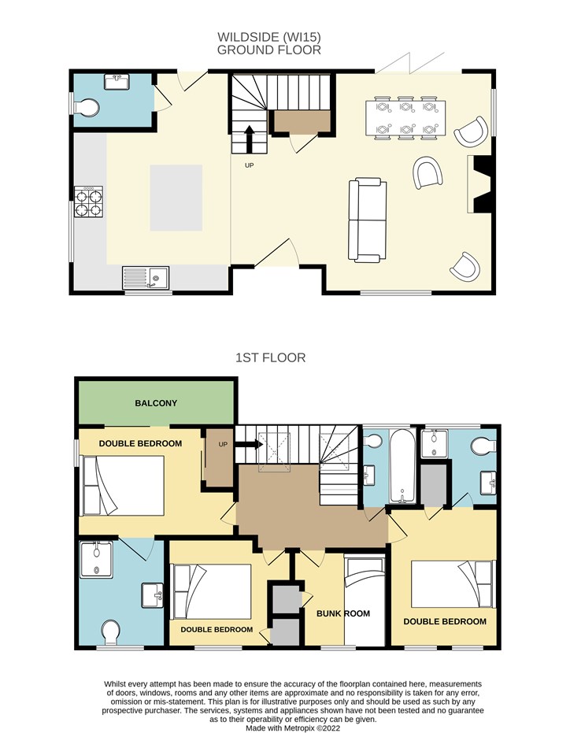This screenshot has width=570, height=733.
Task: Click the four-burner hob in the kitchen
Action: click(x=88, y=202)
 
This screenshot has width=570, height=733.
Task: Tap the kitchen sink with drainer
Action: click(x=146, y=278)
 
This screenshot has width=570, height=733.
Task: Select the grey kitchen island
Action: click(x=176, y=198)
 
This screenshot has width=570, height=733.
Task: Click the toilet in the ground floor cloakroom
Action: click(x=87, y=108)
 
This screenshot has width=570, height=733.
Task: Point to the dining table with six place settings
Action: click(x=405, y=118)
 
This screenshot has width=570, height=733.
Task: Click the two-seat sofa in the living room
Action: click(x=368, y=220)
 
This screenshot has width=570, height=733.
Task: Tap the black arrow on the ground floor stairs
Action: click(x=250, y=139)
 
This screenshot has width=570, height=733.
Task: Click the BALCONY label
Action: click(x=156, y=403)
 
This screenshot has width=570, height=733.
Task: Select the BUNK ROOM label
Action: click(x=343, y=613)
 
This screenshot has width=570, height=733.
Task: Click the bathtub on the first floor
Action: click(x=402, y=466)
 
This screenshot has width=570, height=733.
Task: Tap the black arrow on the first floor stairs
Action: click(x=249, y=445)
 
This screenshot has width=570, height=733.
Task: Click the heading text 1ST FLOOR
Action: click(x=270, y=357)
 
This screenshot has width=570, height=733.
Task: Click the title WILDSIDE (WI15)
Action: click(x=269, y=36)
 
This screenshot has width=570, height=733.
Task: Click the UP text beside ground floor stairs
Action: click(x=250, y=165)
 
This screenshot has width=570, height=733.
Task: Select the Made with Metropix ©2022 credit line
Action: click(x=293, y=727)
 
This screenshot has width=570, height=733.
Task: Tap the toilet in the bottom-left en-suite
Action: click(x=111, y=632)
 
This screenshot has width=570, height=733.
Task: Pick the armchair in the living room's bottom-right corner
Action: click(x=465, y=267)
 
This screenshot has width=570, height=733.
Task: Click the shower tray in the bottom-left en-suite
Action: click(x=96, y=560)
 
